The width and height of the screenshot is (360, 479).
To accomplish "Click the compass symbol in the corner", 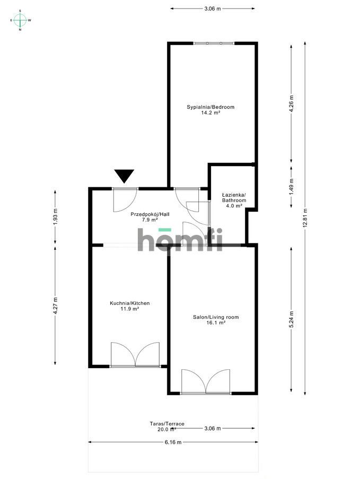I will pyautogui.click(x=20, y=20).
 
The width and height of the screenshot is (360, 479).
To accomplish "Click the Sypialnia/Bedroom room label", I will pyautogui.click(x=210, y=110).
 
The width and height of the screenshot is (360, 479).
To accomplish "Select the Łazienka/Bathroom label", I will pyautogui.click(x=233, y=200).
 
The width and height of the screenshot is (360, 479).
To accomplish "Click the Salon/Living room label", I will pyautogui.click(x=216, y=320).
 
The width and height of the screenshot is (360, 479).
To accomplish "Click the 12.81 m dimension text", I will pyautogui.click(x=305, y=217).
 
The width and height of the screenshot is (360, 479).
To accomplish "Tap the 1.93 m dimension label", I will pyautogui.click(x=55, y=217).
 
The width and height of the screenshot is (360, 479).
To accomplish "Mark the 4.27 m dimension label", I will pyautogui.click(x=55, y=306).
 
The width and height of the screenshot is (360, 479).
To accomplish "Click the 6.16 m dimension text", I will pyautogui.click(x=173, y=442).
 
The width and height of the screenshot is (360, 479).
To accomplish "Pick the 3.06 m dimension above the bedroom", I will pyautogui.click(x=212, y=8).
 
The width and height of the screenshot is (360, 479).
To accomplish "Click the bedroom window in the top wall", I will pyautogui.click(x=213, y=43).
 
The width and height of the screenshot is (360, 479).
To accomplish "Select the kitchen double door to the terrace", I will pyautogui.click(x=135, y=355).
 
